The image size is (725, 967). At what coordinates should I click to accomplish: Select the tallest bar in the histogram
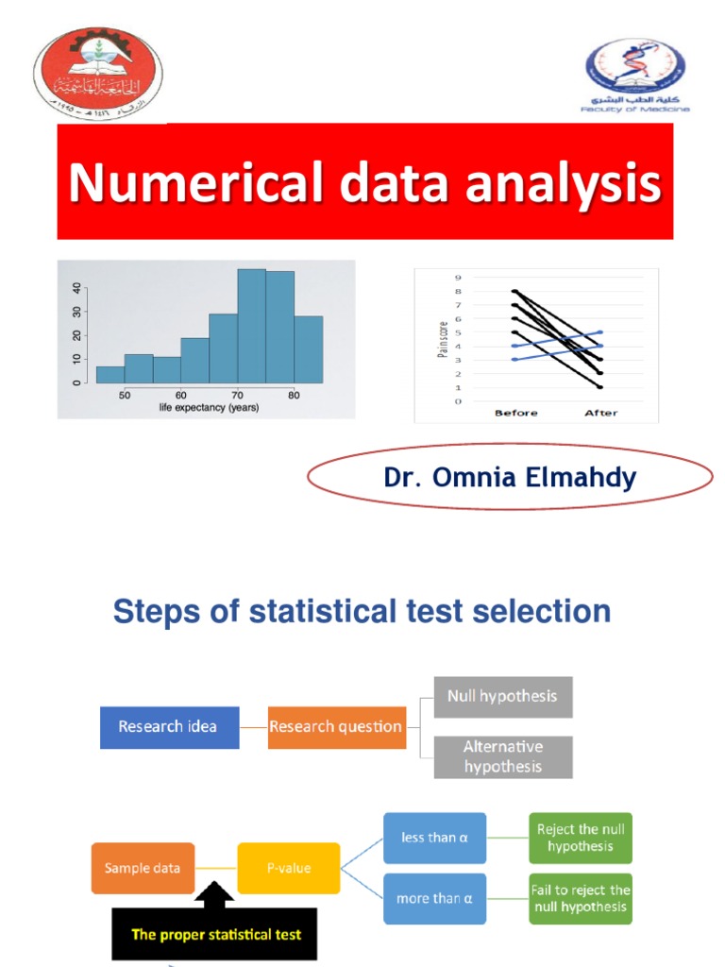(251, 326)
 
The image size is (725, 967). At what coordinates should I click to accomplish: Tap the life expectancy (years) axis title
(209, 408)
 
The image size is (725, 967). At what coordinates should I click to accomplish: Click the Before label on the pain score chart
(514, 414)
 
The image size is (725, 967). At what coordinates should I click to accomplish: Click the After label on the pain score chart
(600, 414)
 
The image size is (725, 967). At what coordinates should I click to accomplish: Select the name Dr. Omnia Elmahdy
(510, 478)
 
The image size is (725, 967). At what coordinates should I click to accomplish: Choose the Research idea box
(169, 726)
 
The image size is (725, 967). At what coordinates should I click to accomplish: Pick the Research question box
(336, 726)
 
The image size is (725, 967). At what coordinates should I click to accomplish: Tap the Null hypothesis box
(502, 697)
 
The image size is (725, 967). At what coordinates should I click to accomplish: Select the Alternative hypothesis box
(502, 756)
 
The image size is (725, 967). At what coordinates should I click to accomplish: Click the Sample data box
(143, 868)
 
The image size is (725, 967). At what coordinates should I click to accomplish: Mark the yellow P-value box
(288, 868)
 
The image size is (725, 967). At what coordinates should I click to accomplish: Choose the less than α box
(434, 838)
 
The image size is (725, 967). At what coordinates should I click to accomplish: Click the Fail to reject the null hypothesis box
(581, 898)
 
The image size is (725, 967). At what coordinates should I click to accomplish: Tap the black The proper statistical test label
(216, 934)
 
